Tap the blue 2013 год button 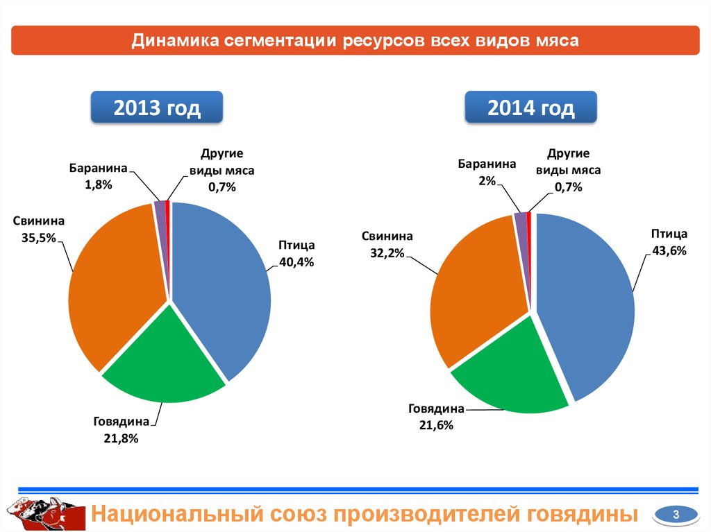coord(157,108)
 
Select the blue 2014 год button coord(530,108)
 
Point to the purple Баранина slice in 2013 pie coord(160,207)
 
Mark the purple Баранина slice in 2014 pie coord(521,220)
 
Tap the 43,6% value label coord(669,251)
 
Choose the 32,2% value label coord(387,253)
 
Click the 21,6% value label coord(435,425)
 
